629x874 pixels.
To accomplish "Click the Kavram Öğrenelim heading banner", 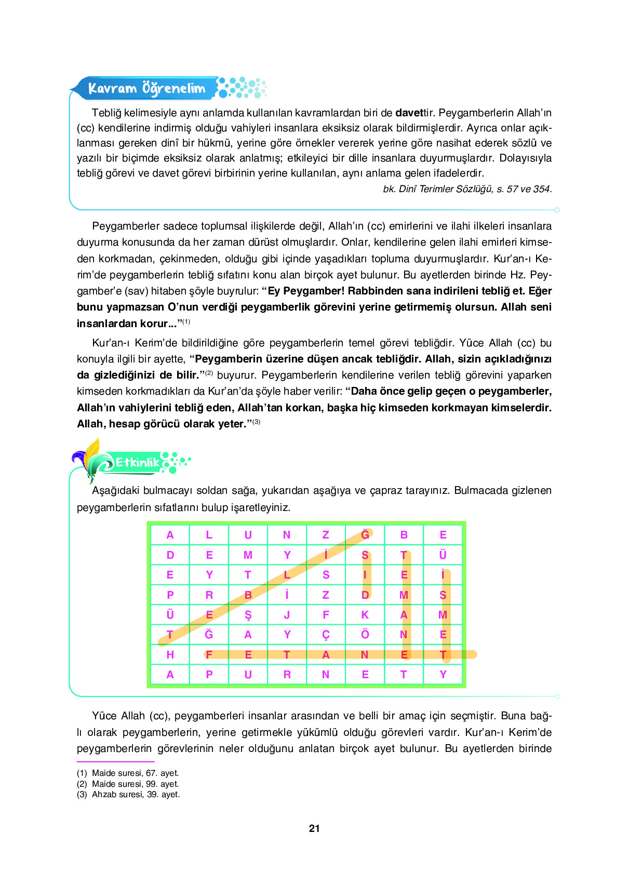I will tap(146, 88).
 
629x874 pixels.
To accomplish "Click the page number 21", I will tap(314, 828).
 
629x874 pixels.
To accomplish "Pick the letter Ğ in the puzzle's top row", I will tap(365, 534).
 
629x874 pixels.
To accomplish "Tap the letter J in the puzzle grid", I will tap(287, 615).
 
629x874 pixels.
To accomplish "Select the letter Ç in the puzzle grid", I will tap(326, 635).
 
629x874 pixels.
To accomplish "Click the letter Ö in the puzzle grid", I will tap(365, 635).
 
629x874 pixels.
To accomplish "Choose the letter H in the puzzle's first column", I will tap(170, 655).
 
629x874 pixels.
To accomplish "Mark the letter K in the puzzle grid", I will tap(365, 615).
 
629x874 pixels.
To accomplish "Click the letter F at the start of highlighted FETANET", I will tap(209, 655).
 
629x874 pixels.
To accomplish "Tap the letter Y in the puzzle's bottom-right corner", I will tap(443, 675).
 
